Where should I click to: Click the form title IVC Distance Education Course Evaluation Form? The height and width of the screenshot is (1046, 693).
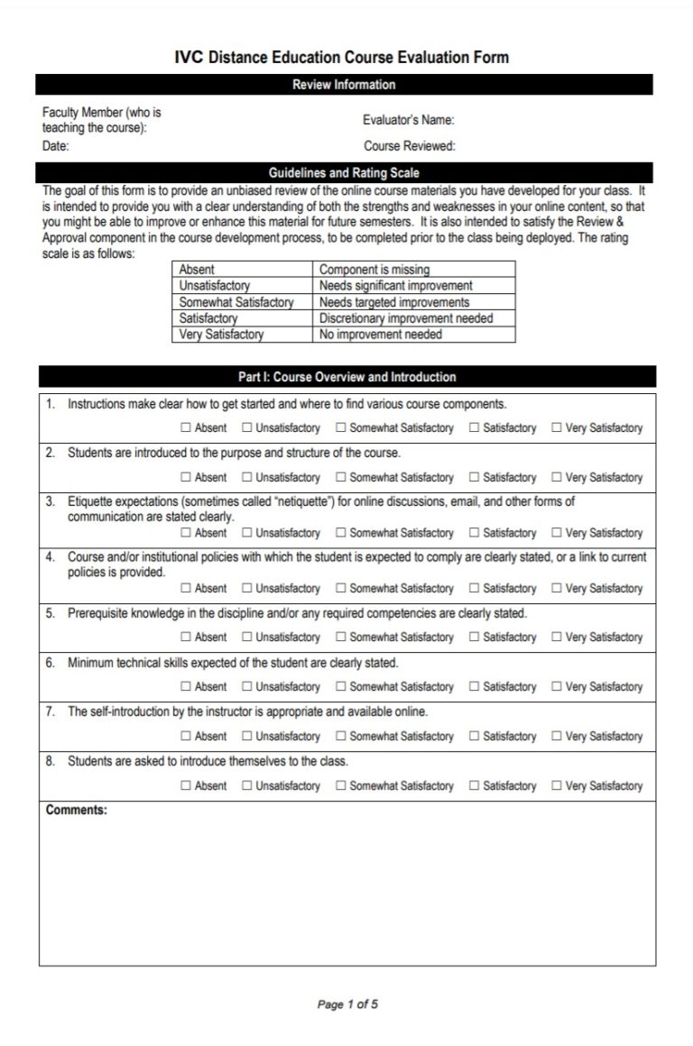(343, 58)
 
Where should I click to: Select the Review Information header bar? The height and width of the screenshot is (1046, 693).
(344, 85)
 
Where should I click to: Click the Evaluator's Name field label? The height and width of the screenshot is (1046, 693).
(408, 120)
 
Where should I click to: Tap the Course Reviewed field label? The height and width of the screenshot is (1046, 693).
(409, 146)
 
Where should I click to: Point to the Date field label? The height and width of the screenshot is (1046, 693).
(55, 146)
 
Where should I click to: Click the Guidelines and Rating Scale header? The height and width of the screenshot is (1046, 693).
(344, 172)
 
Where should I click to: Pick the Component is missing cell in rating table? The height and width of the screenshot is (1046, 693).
(374, 270)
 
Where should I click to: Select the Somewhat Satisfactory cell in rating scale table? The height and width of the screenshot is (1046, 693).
(236, 302)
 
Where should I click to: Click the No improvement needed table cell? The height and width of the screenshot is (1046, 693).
(380, 335)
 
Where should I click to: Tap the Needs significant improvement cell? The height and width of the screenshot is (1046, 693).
(395, 286)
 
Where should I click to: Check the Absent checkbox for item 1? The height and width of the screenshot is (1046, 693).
(186, 428)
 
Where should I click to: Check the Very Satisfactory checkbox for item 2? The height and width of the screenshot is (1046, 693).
(557, 478)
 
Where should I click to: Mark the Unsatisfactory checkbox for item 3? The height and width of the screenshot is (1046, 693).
(247, 534)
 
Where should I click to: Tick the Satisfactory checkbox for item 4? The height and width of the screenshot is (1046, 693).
(474, 589)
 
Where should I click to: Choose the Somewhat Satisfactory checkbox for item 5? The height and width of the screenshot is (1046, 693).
(341, 638)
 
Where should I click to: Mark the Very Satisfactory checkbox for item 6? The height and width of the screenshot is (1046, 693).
(557, 687)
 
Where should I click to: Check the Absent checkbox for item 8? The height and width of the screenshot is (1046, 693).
(186, 786)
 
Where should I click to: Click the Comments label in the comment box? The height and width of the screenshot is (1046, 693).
(76, 810)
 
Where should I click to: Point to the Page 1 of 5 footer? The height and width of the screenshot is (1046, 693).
(347, 1005)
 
